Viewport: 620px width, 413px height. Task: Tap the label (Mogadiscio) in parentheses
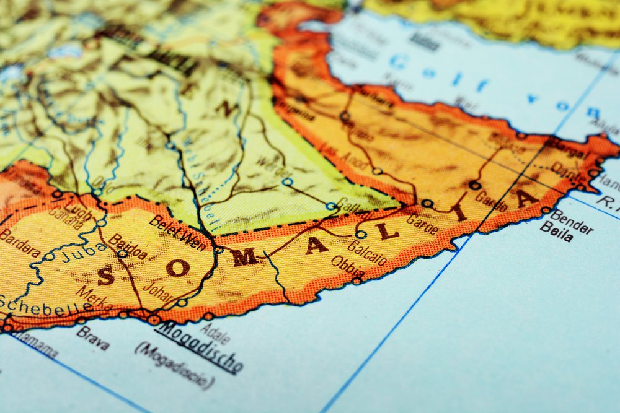[x=174, y=366]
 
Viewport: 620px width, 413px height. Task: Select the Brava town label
[x=94, y=338]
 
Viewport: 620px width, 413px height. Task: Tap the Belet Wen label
[x=177, y=233]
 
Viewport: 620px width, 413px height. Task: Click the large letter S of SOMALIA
[x=105, y=276]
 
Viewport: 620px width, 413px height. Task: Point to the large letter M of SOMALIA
[x=244, y=256]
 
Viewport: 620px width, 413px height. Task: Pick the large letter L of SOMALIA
[x=388, y=231]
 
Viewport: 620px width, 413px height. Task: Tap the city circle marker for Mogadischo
[x=153, y=320]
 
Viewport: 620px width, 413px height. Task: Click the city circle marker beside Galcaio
[x=361, y=235]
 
